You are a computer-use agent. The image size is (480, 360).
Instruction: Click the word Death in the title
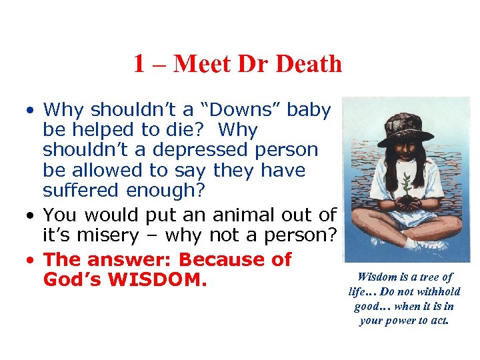(309, 64)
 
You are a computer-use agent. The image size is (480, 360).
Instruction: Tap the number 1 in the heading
(139, 64)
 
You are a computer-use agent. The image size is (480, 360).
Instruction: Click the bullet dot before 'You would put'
(31, 215)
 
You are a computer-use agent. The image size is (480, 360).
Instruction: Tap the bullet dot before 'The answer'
(31, 259)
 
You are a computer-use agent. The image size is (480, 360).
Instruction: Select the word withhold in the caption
(437, 291)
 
